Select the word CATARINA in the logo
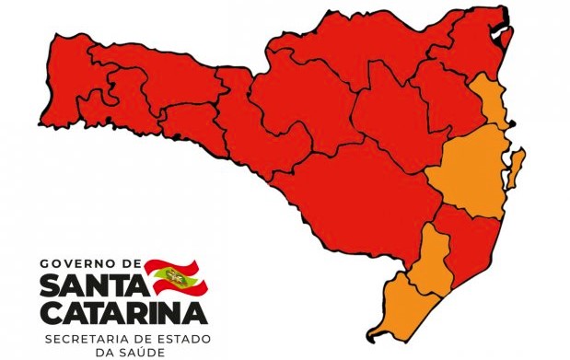pos(123,314)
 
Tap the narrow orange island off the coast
pos(517,169)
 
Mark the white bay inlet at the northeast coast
pos(504,35)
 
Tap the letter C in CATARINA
pos(51,314)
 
